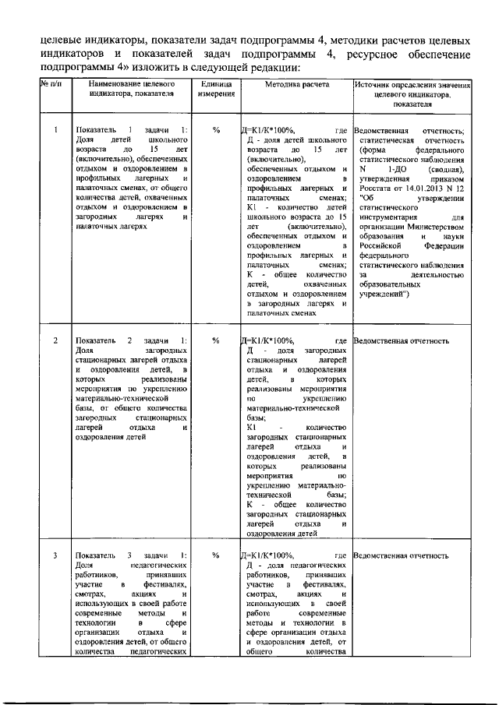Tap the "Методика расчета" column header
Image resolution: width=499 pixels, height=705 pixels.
pyautogui.click(x=296, y=83)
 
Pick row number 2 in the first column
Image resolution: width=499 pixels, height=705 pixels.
pyautogui.click(x=55, y=340)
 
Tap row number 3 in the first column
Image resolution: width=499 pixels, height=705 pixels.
pyautogui.click(x=55, y=555)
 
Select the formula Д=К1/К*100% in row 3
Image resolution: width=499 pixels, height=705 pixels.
pyautogui.click(x=268, y=555)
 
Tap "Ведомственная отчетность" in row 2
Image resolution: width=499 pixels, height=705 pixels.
pyautogui.click(x=402, y=340)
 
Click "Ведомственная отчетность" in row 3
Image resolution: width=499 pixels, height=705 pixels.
pyautogui.click(x=402, y=555)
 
